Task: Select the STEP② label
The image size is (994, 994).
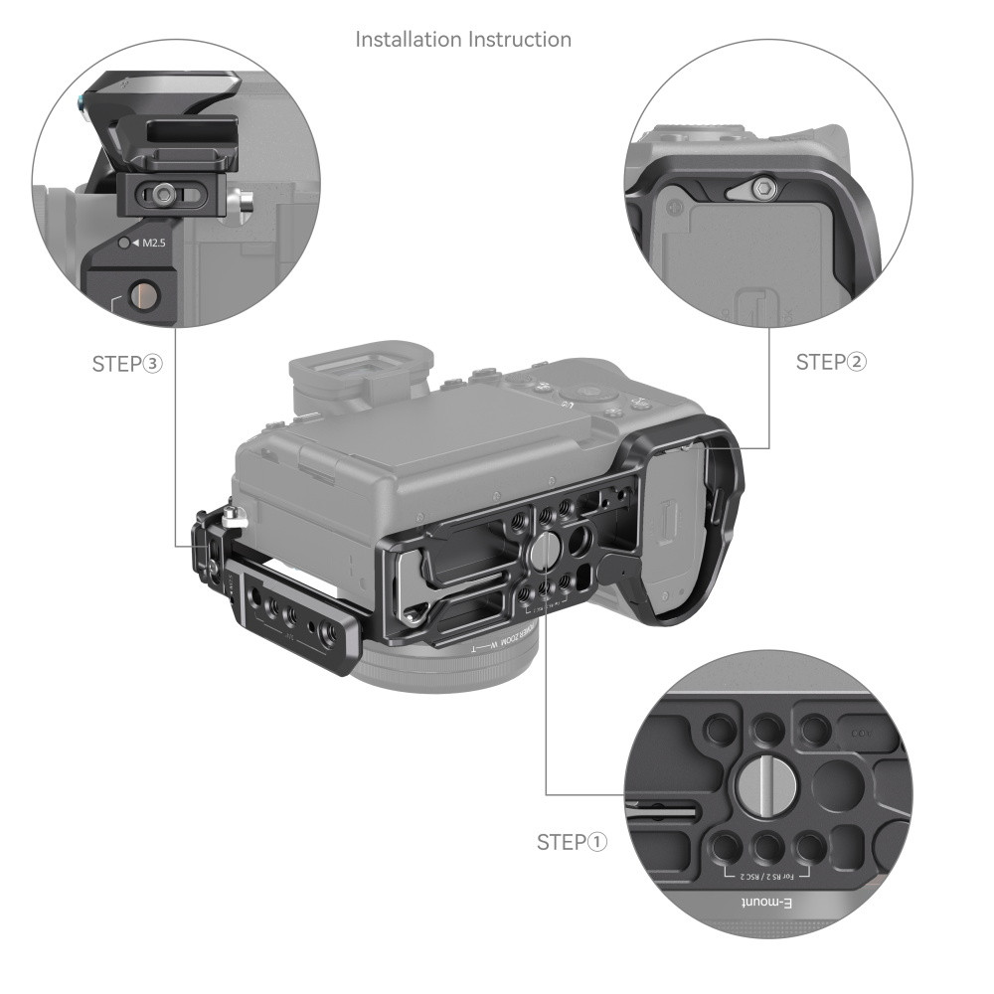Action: click(x=831, y=362)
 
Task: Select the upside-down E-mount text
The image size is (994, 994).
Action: click(x=773, y=904)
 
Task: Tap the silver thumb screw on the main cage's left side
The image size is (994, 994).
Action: click(x=234, y=516)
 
